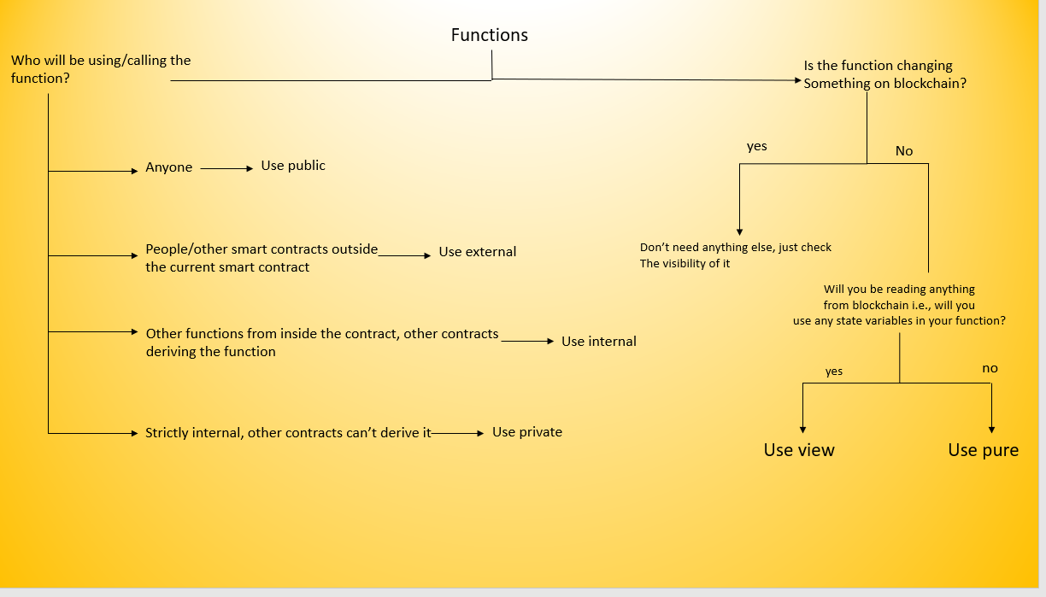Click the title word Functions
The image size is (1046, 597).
pyautogui.click(x=490, y=35)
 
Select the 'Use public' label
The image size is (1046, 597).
pyautogui.click(x=293, y=166)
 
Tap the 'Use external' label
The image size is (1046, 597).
pyautogui.click(x=477, y=252)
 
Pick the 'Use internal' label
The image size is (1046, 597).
pyautogui.click(x=599, y=342)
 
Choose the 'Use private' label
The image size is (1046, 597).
pyautogui.click(x=527, y=432)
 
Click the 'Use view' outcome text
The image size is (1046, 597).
pyautogui.click(x=799, y=450)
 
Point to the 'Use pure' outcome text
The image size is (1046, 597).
pyautogui.click(x=984, y=450)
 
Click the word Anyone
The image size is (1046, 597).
pyautogui.click(x=168, y=167)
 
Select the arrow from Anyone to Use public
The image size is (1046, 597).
pyautogui.click(x=226, y=168)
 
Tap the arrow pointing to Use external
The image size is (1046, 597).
pyautogui.click(x=404, y=255)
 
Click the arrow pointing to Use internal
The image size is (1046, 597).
pyautogui.click(x=527, y=342)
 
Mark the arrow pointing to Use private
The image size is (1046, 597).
pyautogui.click(x=458, y=433)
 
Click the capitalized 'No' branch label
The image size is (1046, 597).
pyautogui.click(x=904, y=151)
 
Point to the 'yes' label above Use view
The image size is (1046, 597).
pyautogui.click(x=833, y=372)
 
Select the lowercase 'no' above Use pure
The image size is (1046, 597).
pyautogui.click(x=990, y=368)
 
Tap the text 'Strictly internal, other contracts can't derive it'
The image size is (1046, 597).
pyautogui.click(x=288, y=433)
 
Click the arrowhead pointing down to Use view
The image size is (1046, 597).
pyautogui.click(x=802, y=430)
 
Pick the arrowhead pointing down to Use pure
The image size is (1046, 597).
pyautogui.click(x=991, y=430)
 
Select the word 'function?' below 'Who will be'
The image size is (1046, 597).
pyautogui.click(x=40, y=78)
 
